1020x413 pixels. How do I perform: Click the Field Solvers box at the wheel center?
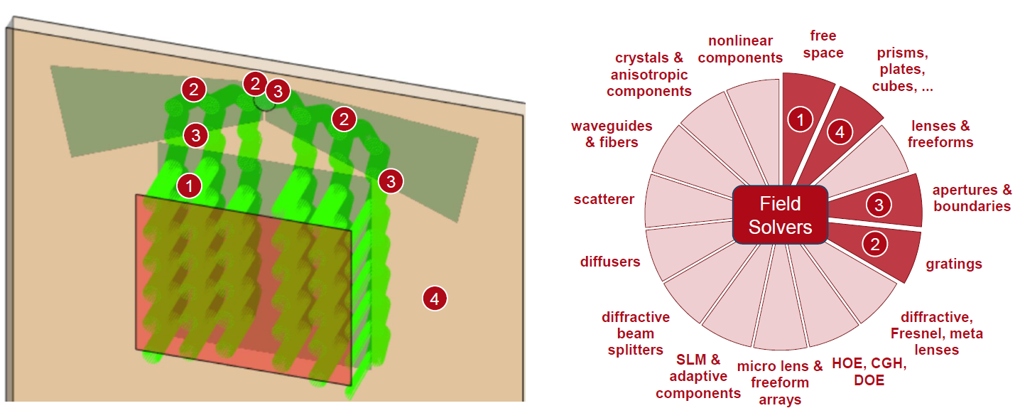pyautogui.click(x=780, y=215)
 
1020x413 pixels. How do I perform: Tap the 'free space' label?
pyautogui.click(x=823, y=44)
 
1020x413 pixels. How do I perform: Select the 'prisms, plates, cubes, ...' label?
pyautogui.click(x=903, y=69)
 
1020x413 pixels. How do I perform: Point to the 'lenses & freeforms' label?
pyautogui.click(x=940, y=134)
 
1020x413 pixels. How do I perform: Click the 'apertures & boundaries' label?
pyautogui.click(x=972, y=198)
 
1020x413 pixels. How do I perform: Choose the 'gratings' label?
pyautogui.click(x=954, y=264)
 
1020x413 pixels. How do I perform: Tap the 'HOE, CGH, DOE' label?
pyautogui.click(x=869, y=372)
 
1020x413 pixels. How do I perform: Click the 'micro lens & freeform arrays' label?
pyautogui.click(x=780, y=382)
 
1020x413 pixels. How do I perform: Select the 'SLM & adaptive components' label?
pyautogui.click(x=698, y=376)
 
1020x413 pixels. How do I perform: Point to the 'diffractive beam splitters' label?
pyautogui.click(x=636, y=333)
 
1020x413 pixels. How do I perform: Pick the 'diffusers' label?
pyautogui.click(x=610, y=262)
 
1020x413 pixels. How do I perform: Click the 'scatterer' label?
pyautogui.click(x=604, y=199)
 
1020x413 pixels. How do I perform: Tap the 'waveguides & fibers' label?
pyautogui.click(x=612, y=134)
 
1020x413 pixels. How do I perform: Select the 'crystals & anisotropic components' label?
pyautogui.click(x=649, y=75)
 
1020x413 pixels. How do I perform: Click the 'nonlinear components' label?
pyautogui.click(x=740, y=49)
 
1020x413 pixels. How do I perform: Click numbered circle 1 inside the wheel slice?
pyautogui.click(x=800, y=119)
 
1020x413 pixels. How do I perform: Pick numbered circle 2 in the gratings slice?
pyautogui.click(x=874, y=245)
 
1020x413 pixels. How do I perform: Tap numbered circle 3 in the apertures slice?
pyautogui.click(x=879, y=205)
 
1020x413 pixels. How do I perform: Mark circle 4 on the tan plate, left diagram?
pyautogui.click(x=435, y=299)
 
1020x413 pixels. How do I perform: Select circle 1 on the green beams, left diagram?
pyautogui.click(x=190, y=186)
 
